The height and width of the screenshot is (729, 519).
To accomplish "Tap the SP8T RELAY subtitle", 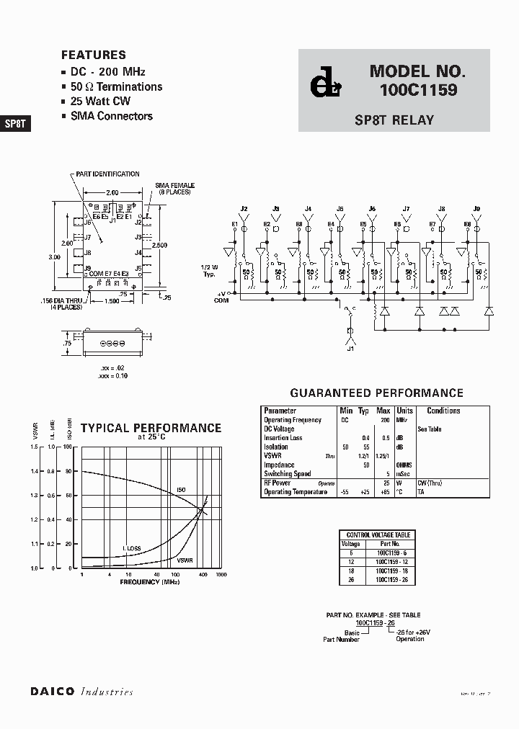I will (394, 120).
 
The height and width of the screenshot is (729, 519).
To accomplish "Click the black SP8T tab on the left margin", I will (15, 123).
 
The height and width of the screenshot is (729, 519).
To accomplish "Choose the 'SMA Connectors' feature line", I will (111, 116).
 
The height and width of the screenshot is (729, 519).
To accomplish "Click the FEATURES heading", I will (93, 55).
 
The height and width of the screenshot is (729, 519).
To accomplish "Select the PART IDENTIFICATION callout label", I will (107, 174).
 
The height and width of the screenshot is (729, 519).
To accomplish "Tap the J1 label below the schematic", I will (351, 349).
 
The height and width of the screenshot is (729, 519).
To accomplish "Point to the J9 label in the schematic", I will (476, 209).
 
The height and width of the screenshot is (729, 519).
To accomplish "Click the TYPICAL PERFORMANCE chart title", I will (151, 428).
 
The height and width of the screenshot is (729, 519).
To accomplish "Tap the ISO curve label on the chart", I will (181, 490).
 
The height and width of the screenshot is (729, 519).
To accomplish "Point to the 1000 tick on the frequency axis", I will (221, 574).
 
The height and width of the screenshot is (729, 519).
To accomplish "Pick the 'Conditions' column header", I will (443, 411).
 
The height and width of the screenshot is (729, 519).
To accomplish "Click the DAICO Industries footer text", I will (81, 692).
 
